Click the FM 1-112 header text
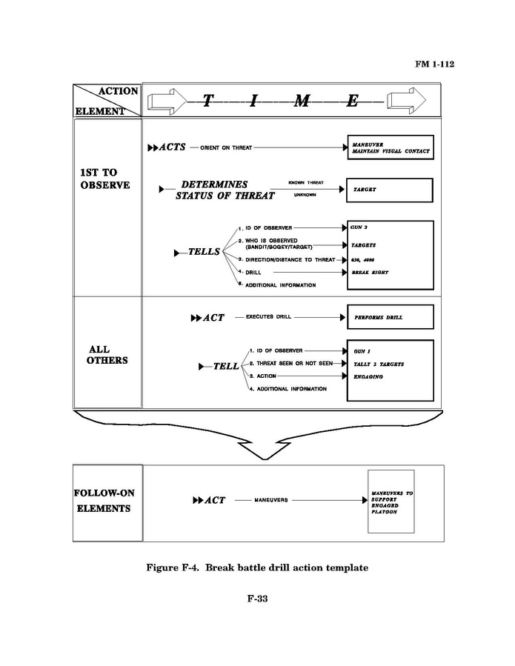point(434,64)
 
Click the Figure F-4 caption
point(257,568)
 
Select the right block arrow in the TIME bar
point(408,101)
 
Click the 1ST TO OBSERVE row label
point(104,179)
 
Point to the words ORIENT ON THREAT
point(226,147)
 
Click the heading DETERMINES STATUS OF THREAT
point(224,190)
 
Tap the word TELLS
point(205,252)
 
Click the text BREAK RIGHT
point(371,273)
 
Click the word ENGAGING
point(368,377)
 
